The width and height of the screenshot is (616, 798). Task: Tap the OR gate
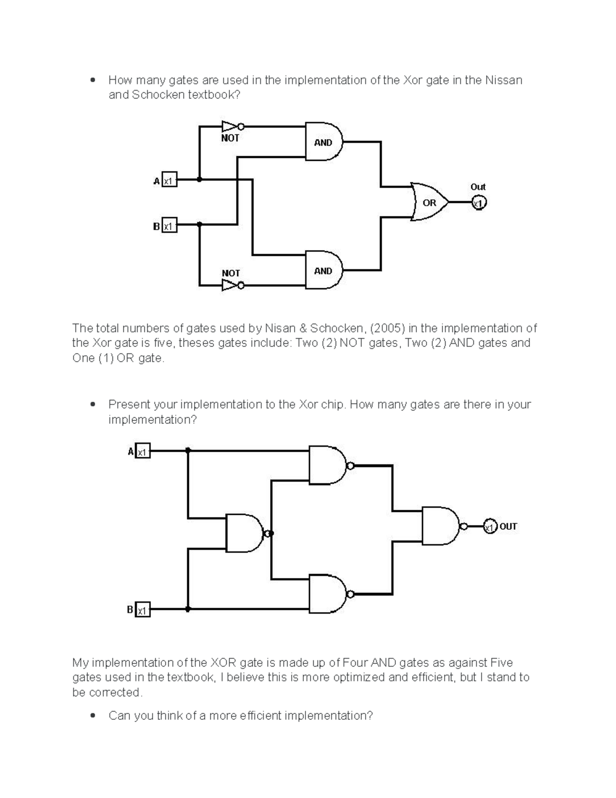coord(429,202)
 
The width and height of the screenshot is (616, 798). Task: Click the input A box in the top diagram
coord(169,180)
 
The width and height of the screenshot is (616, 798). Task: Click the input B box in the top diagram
coord(169,225)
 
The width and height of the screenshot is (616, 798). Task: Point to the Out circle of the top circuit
coord(478,203)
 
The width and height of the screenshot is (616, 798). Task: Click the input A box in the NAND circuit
coord(143,451)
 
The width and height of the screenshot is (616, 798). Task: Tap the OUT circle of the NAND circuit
coord(490,527)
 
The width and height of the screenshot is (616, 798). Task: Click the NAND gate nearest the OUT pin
coord(440,526)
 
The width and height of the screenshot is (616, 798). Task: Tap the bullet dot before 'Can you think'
coord(92,715)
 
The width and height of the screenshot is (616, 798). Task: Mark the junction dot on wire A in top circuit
coord(200,180)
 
